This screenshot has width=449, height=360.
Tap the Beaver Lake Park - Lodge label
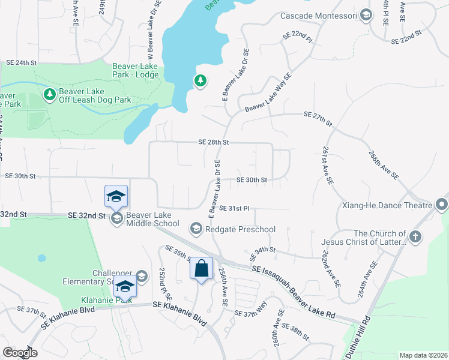pyautogui.click(x=136, y=71)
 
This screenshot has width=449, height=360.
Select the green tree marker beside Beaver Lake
pyautogui.click(x=200, y=80)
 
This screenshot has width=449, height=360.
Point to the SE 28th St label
pyautogui.click(x=214, y=142)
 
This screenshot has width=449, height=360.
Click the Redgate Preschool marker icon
pyautogui.click(x=196, y=229)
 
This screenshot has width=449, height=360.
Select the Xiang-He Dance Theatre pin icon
pyautogui.click(x=442, y=205)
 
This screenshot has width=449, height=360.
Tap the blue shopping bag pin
pyautogui.click(x=202, y=268)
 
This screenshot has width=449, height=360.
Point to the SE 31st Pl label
pyautogui.click(x=234, y=208)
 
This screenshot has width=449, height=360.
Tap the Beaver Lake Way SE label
pyautogui.click(x=268, y=92)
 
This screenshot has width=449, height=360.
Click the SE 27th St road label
pyautogui.click(x=318, y=118)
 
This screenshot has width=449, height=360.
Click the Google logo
pyautogui.click(x=20, y=353)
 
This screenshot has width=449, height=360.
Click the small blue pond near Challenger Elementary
pyautogui.click(x=41, y=258)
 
